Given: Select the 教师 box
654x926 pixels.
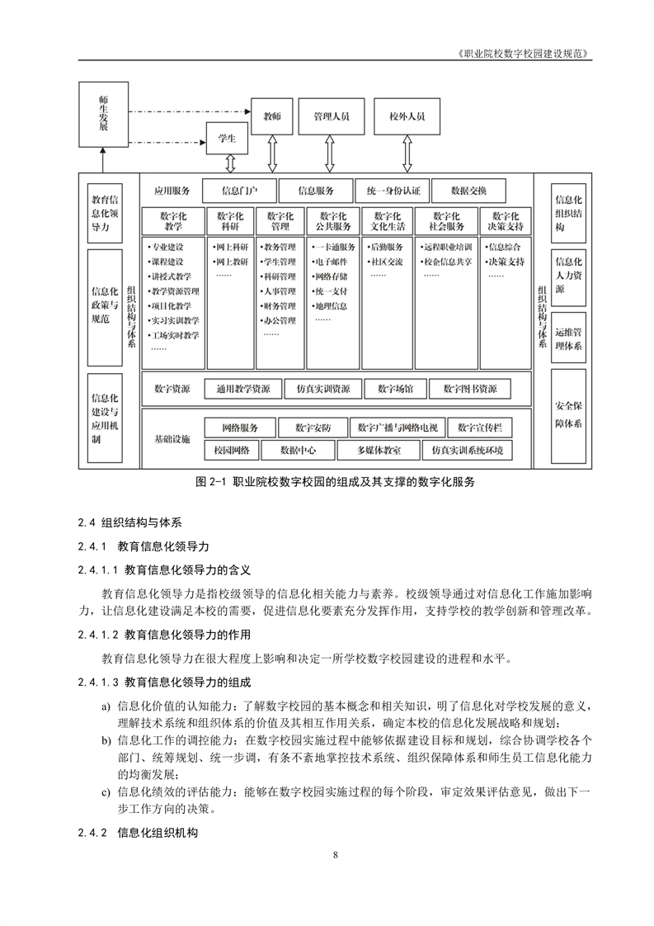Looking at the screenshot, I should coord(272,117).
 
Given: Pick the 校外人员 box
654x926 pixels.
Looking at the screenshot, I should coord(407,117).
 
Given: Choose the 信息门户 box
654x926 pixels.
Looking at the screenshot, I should coord(239,191).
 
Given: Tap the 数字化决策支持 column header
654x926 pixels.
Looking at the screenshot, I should coord(505,220).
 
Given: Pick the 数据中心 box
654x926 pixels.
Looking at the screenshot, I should coord(297,451).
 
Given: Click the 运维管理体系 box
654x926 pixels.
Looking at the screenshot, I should coord(569,338).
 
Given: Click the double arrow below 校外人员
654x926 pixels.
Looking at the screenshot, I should coord(407,153).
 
